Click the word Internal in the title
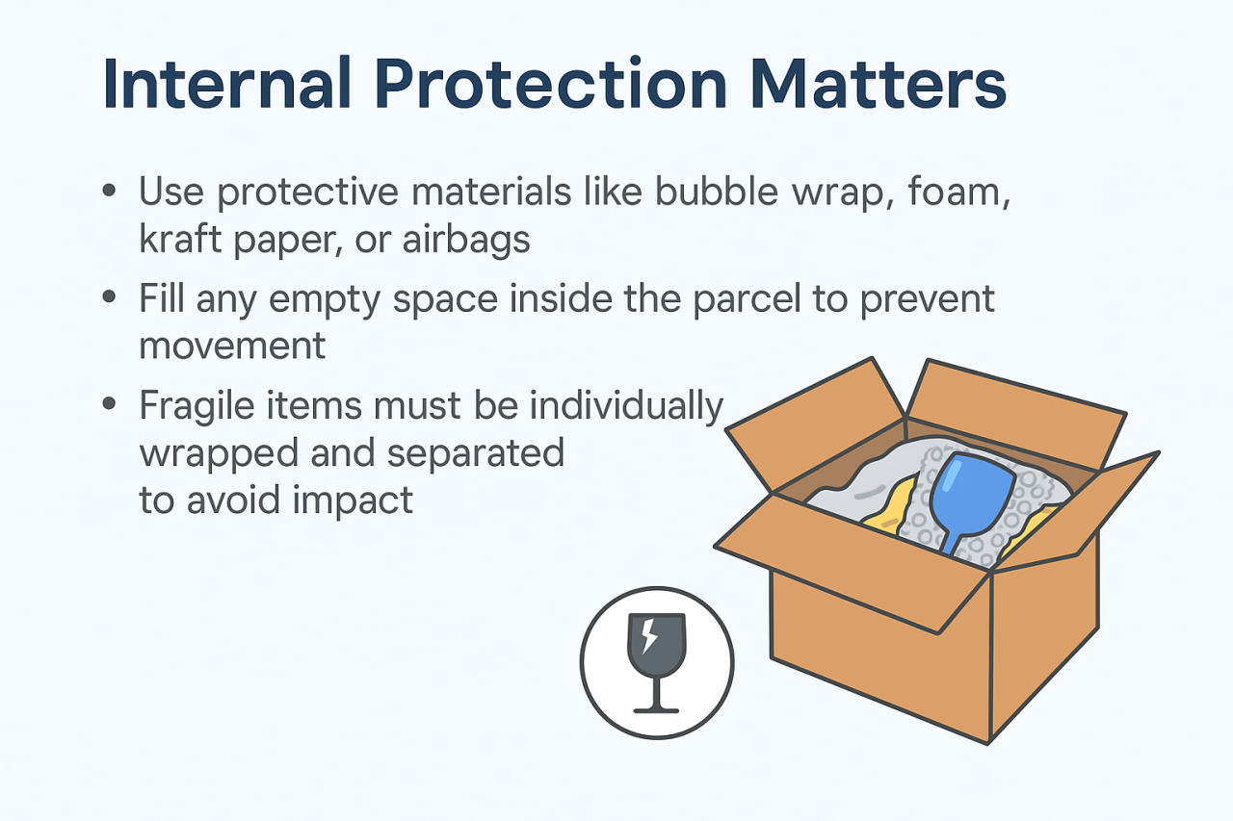pos(226,83)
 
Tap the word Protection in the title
pos(551,83)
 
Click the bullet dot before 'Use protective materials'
pos(109,191)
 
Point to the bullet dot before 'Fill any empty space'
pos(109,297)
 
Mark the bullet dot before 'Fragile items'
pos(109,403)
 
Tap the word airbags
pos(466,241)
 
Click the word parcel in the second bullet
pos(747,300)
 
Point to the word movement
pos(232,346)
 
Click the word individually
pos(626,406)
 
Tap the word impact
pos(353,500)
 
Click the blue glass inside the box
pos(972,495)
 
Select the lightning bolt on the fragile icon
pos(649,635)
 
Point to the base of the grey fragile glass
pos(656,710)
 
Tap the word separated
pos(476,452)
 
